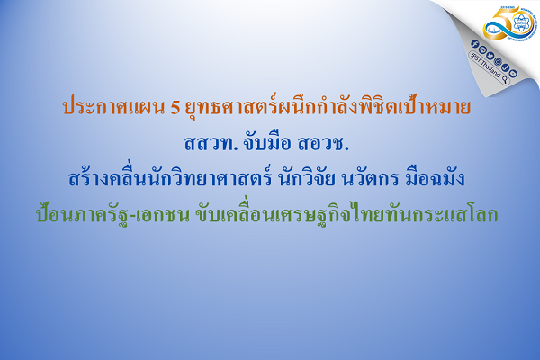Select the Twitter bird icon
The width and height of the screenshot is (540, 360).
tap(491, 53)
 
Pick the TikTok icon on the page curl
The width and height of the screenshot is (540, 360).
tap(505, 66)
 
